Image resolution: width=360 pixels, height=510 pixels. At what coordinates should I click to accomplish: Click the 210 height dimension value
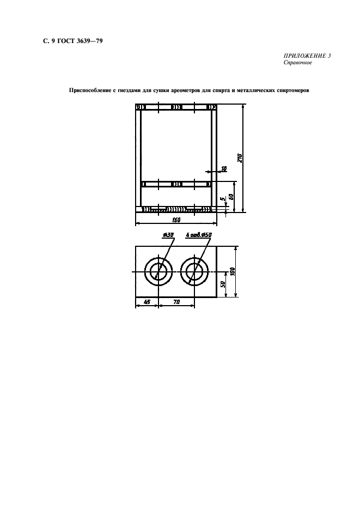coord(239,158)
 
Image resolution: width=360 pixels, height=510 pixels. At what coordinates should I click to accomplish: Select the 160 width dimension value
coord(176,220)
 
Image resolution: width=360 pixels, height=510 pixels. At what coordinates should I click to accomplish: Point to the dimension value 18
coord(223,168)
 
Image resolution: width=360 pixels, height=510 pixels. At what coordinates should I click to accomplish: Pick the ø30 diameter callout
coord(168,235)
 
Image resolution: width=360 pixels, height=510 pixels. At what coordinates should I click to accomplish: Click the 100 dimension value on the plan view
coord(231,271)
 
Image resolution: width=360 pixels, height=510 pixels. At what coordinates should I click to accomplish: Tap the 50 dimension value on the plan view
coord(224,285)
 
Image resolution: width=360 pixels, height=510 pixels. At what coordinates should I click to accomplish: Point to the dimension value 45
coord(146,302)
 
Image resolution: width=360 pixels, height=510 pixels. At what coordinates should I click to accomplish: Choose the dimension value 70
coord(176,302)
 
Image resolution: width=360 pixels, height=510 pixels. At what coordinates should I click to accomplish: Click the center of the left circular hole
coord(158,271)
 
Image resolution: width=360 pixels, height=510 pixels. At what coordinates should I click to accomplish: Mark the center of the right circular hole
coord(195,271)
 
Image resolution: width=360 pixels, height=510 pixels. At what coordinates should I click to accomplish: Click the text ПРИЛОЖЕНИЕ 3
coord(307,56)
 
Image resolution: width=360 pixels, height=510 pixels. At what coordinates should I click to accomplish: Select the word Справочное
coord(297,62)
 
